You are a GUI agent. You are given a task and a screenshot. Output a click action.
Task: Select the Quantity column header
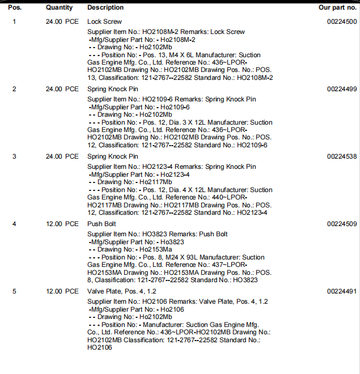[x=59, y=7]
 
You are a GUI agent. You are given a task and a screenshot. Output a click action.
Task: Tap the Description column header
[x=105, y=7]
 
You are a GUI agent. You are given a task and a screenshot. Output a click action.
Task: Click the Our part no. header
[x=338, y=7]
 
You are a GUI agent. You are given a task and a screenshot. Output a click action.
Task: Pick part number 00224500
[x=342, y=22]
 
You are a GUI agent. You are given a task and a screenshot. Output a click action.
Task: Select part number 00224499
[x=342, y=89]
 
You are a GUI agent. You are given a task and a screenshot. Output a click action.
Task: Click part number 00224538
[x=342, y=156]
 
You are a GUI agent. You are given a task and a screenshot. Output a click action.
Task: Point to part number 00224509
[x=342, y=224]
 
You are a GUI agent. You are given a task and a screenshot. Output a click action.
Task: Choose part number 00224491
[x=342, y=291]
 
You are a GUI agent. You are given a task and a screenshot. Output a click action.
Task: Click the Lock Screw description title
[x=104, y=22]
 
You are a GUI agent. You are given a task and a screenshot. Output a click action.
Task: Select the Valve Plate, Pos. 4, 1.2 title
[x=120, y=291]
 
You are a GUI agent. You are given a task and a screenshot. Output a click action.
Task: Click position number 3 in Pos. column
[x=14, y=156]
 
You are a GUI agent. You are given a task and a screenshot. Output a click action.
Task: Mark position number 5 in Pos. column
[x=14, y=291]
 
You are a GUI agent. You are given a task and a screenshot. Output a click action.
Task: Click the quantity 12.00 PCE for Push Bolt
[x=62, y=224]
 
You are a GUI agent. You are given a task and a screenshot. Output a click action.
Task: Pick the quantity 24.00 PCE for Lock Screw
[x=62, y=22]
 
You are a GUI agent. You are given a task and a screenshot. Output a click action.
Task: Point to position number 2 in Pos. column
[x=14, y=89]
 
